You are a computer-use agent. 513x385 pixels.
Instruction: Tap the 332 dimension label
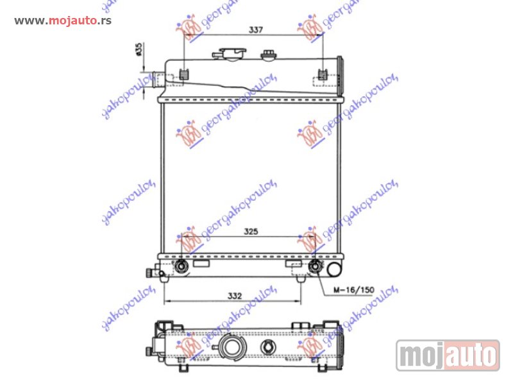coord(235,296)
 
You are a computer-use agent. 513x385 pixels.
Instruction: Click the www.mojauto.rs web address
coord(63,21)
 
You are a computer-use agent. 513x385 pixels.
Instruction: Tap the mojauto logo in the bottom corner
coord(448,355)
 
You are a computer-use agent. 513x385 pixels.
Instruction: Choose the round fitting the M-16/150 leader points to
coord(315,267)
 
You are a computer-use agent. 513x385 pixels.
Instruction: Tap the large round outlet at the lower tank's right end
coord(335,266)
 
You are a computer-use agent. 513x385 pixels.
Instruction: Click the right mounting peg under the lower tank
coord(301,278)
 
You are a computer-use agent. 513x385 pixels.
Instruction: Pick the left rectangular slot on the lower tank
coord(201,264)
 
